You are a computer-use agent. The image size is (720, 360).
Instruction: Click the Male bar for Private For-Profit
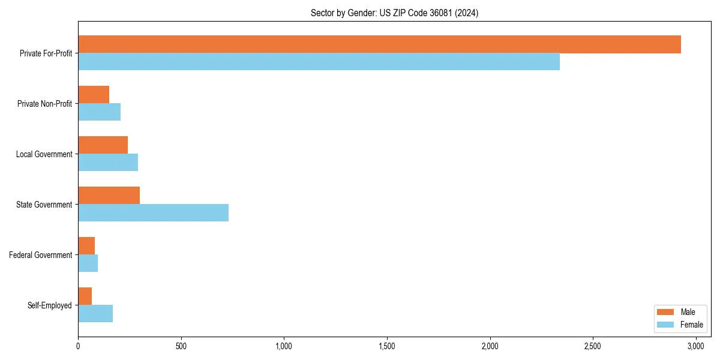[379, 44]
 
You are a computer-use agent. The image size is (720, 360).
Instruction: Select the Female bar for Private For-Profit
[319, 62]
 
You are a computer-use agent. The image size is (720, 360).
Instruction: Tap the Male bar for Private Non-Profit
[94, 95]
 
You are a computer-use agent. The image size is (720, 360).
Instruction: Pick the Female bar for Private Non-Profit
[99, 112]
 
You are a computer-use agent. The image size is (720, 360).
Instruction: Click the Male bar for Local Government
[103, 145]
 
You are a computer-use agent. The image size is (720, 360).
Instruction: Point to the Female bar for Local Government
[108, 163]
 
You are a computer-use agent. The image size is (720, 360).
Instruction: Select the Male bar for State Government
[109, 196]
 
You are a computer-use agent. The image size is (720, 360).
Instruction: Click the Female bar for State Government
[153, 213]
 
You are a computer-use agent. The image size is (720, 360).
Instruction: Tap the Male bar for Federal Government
[86, 246]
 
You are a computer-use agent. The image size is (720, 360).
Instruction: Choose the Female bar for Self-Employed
[95, 314]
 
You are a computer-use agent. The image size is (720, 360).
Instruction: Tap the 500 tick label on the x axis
[181, 346]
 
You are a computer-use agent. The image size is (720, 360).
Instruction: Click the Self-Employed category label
[50, 305]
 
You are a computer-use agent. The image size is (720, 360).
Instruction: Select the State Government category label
[44, 205]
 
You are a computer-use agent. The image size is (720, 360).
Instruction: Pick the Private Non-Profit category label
[45, 104]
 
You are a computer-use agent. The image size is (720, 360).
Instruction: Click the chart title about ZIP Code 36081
[394, 13]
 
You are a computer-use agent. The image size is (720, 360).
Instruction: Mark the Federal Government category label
[41, 255]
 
